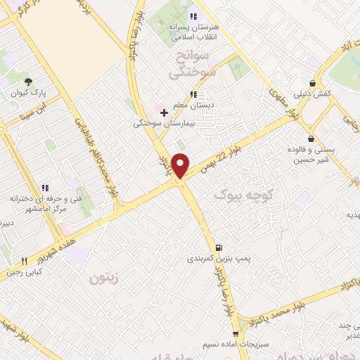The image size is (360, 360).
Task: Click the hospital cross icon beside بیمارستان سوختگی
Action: (164, 112)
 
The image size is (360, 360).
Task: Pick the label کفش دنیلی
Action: (312, 94)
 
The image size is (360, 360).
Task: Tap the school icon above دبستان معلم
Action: (193, 94)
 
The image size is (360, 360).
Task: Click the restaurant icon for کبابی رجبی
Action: (25, 259)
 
